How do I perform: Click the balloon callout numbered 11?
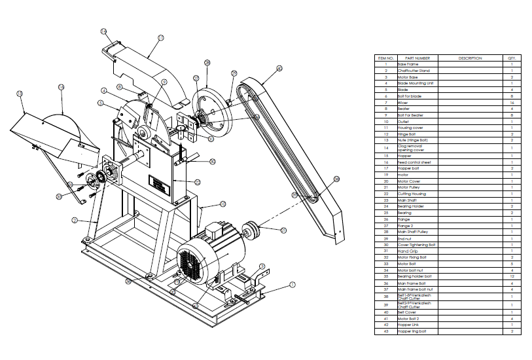pos(161,38)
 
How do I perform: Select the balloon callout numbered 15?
pos(61,86)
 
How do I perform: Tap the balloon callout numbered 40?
pos(279,68)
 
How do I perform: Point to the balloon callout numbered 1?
pos(293,285)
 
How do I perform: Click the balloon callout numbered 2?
pos(75,220)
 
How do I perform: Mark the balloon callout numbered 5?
pos(100,103)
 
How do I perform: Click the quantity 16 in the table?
pos(511,103)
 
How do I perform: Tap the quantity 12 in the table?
pos(511,276)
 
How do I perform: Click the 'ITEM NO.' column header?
pos(385,58)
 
